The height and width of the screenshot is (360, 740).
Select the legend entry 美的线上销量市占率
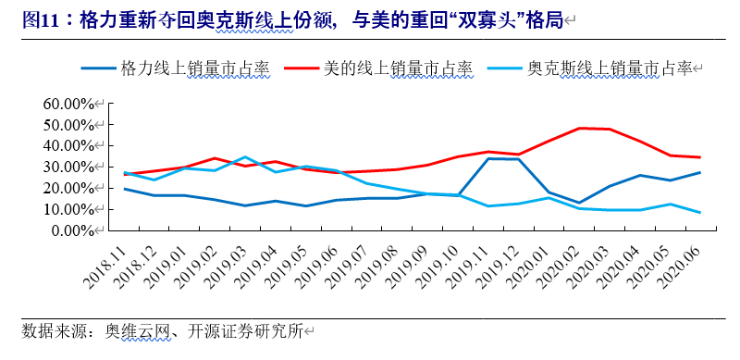[398, 68]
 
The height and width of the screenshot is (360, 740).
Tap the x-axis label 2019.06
[320, 261]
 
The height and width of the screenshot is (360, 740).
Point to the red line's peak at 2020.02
[579, 128]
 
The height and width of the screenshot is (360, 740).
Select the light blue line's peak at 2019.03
[245, 156]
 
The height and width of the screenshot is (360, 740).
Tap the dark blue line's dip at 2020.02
[579, 203]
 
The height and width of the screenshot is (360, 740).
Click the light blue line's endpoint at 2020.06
[699, 213]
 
